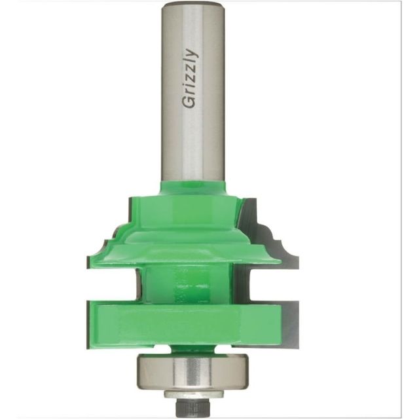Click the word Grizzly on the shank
coord(190,79)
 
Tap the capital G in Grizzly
coord(189,102)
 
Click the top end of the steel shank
coord(193,5)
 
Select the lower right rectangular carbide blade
coord(289,324)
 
